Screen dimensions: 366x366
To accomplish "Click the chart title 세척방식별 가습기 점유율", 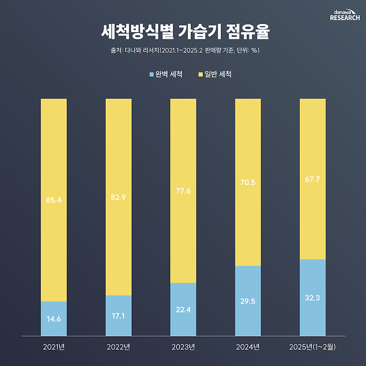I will pyautogui.click(x=182, y=32).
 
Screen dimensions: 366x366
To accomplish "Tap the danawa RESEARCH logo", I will pyautogui.click(x=344, y=14).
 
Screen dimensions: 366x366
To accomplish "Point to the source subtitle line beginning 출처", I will pyautogui.click(x=182, y=51).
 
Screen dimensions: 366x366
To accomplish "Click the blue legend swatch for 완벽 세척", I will pyautogui.click(x=151, y=74).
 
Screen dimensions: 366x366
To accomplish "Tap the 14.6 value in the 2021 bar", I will pyautogui.click(x=54, y=320).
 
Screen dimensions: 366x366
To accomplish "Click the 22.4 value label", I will pyautogui.click(x=183, y=310).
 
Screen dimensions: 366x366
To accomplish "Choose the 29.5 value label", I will pyautogui.click(x=248, y=301).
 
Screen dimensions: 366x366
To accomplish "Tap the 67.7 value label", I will pyautogui.click(x=313, y=180).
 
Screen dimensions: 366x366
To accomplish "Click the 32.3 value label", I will pyautogui.click(x=313, y=298).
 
